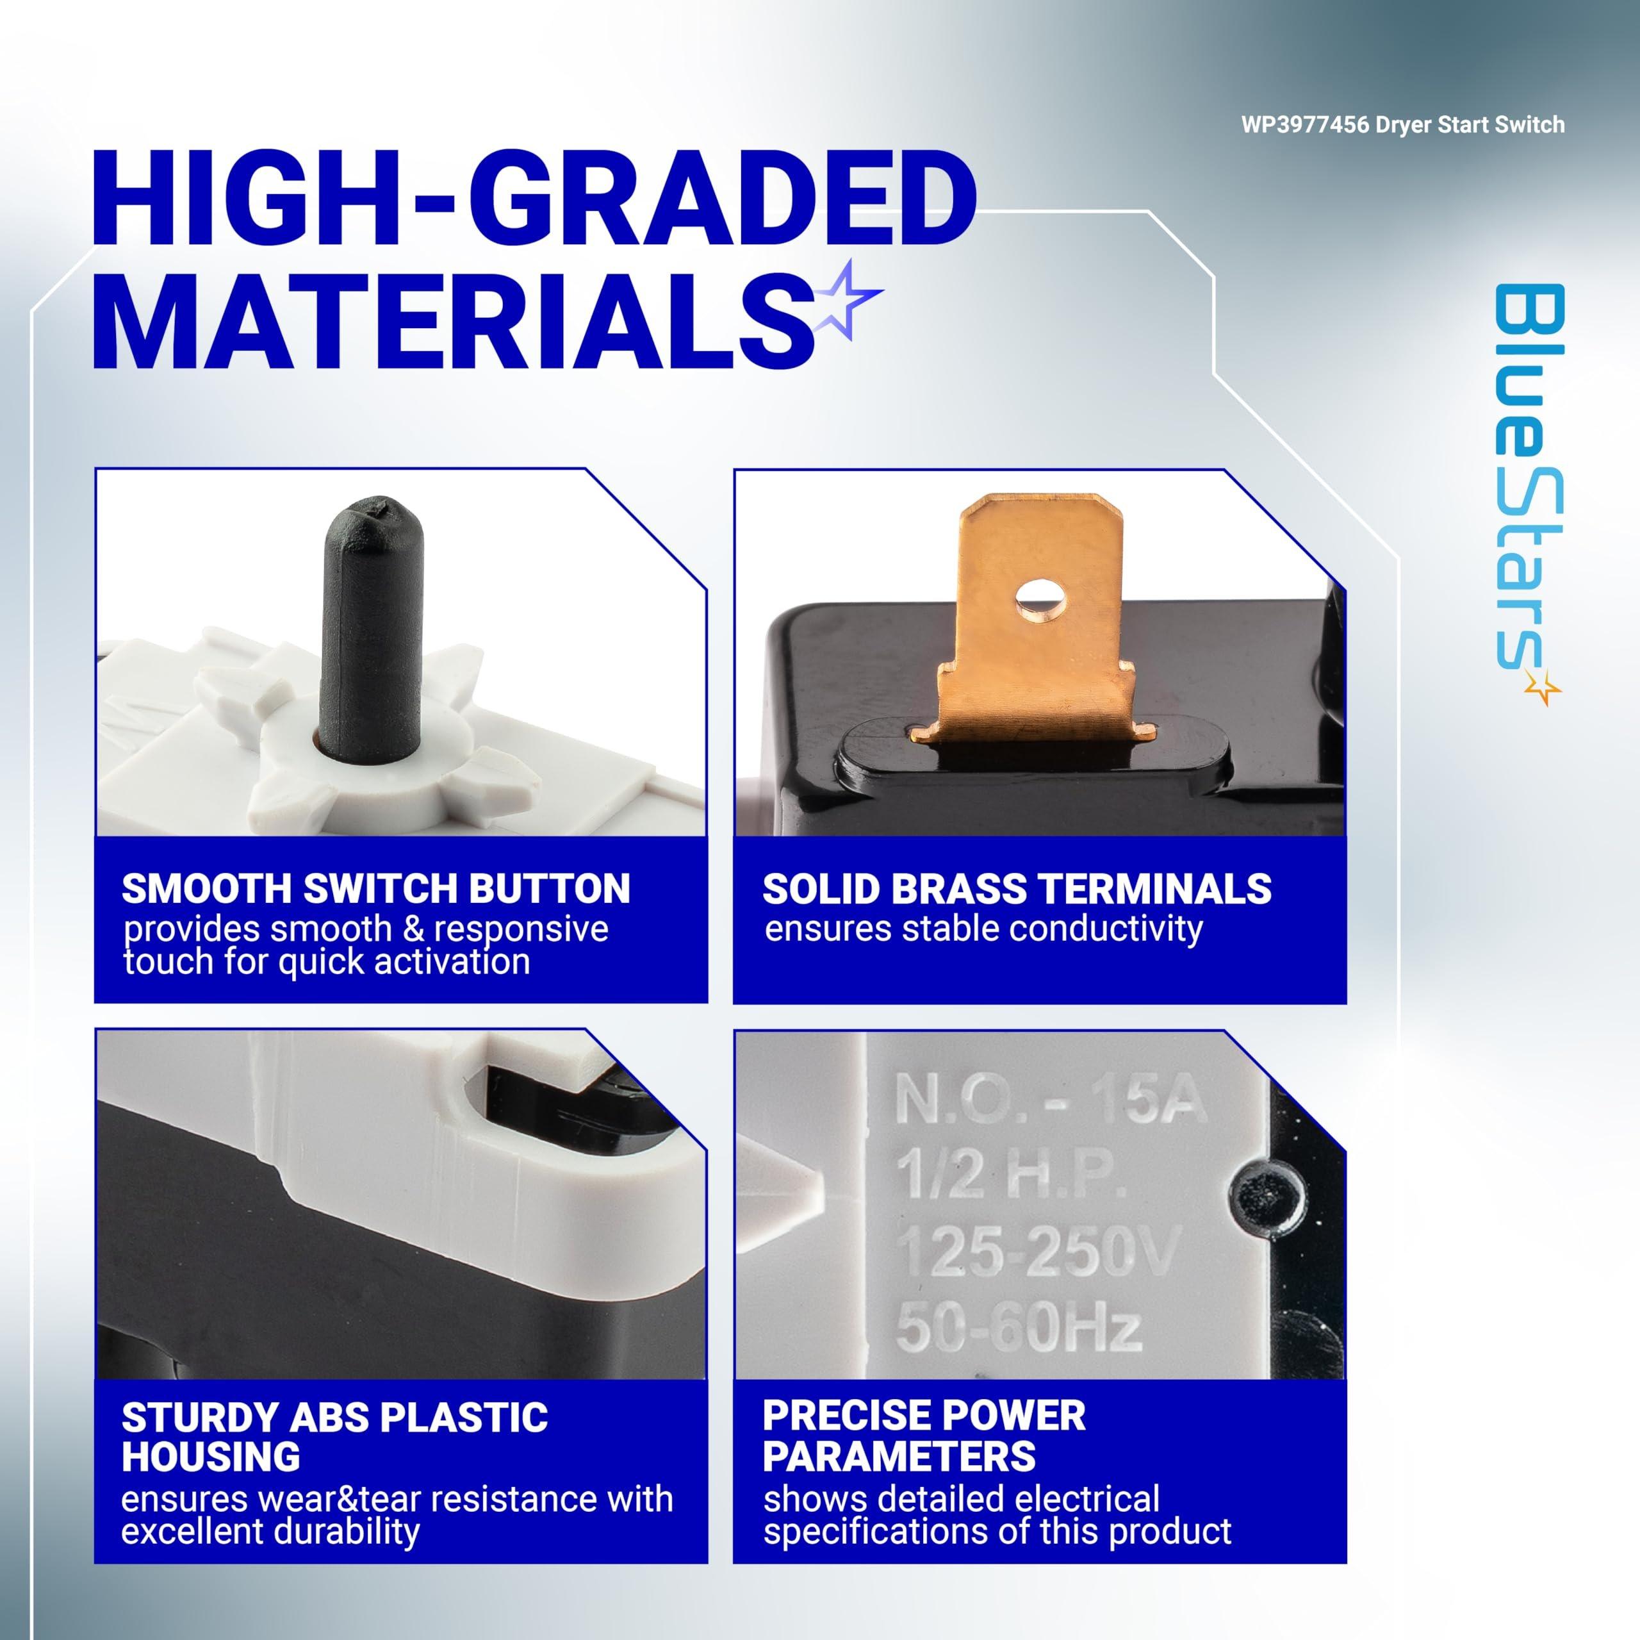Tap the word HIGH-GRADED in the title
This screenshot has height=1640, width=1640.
coord(534,202)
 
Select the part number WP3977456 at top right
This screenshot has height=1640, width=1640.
coord(1306,125)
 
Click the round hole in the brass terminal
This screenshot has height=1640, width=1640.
coord(1040,599)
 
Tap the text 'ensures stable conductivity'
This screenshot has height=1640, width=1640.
coord(983,928)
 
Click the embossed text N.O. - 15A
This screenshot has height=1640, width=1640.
coord(1049,1100)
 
